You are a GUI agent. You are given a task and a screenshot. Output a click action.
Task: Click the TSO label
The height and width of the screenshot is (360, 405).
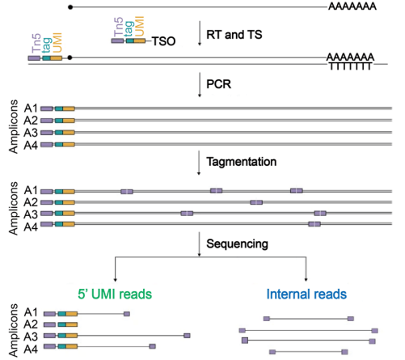click(x=164, y=41)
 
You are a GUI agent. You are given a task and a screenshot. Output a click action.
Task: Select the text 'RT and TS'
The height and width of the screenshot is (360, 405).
click(x=234, y=35)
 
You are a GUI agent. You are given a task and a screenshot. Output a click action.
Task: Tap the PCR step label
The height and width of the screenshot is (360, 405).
click(x=218, y=84)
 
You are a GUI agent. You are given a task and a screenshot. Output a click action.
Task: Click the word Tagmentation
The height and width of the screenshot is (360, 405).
click(x=242, y=162)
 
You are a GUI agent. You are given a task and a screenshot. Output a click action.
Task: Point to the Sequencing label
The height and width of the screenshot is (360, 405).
click(x=237, y=244)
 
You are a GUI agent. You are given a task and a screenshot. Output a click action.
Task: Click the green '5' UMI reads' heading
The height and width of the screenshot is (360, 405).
click(x=115, y=294)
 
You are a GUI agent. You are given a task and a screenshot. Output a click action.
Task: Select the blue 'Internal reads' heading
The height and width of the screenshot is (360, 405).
click(x=306, y=294)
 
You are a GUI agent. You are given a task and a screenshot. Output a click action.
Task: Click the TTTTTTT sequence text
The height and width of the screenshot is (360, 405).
click(x=350, y=66)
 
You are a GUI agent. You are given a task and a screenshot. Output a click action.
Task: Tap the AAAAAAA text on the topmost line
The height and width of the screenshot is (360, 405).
click(x=352, y=6)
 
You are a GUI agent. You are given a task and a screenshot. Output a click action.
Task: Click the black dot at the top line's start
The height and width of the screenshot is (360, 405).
click(x=70, y=7)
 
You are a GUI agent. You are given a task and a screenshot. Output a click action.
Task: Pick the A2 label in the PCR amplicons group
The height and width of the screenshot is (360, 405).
click(x=31, y=121)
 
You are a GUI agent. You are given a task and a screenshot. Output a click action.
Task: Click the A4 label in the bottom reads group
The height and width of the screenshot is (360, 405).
click(x=31, y=349)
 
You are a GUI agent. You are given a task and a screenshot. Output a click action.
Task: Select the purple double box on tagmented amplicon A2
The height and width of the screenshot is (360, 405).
click(x=256, y=202)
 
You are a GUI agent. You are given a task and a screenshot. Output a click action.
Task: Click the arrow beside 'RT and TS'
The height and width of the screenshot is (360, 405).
click(x=200, y=33)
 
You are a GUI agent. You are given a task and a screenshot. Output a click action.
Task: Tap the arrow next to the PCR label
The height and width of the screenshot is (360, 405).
click(x=200, y=85)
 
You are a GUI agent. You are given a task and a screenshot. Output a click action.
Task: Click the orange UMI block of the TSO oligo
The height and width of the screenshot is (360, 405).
click(x=140, y=41)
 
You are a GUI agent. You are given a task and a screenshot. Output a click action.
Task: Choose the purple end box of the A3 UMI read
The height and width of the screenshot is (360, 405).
click(x=187, y=336)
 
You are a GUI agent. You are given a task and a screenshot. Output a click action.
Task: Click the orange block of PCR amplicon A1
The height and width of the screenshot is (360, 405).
click(x=69, y=108)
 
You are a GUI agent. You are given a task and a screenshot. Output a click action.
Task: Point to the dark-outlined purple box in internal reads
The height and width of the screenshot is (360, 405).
click(x=245, y=341)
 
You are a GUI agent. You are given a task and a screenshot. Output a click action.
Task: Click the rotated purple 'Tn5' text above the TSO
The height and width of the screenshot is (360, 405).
click(x=118, y=27)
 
